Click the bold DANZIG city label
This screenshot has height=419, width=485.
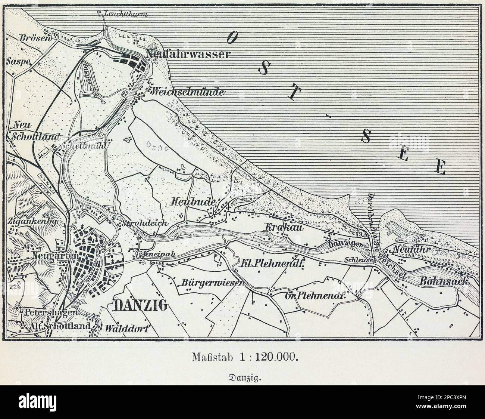pyautogui.click(x=140, y=306)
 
